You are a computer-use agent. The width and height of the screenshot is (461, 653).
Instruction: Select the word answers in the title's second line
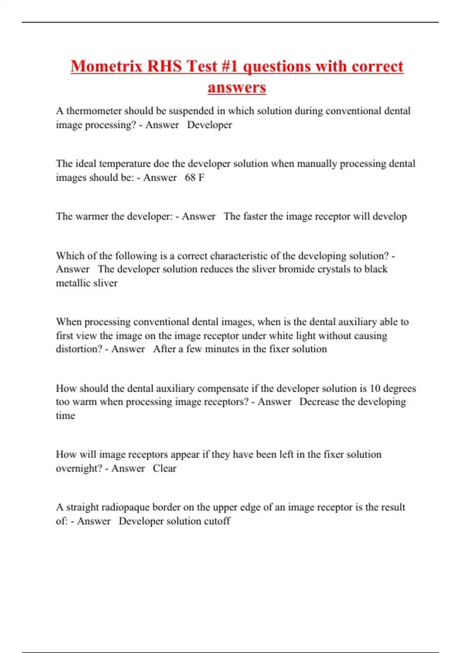tap(237, 87)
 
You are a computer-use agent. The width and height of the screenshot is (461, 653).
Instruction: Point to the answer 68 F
tap(194, 177)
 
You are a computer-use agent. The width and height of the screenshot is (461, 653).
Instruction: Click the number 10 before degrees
tap(375, 388)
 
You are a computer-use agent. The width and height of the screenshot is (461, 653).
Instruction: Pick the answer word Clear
tap(164, 469)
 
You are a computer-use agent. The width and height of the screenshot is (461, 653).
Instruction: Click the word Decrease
tap(319, 402)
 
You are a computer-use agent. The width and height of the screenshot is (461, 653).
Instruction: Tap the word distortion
tap(78, 349)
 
